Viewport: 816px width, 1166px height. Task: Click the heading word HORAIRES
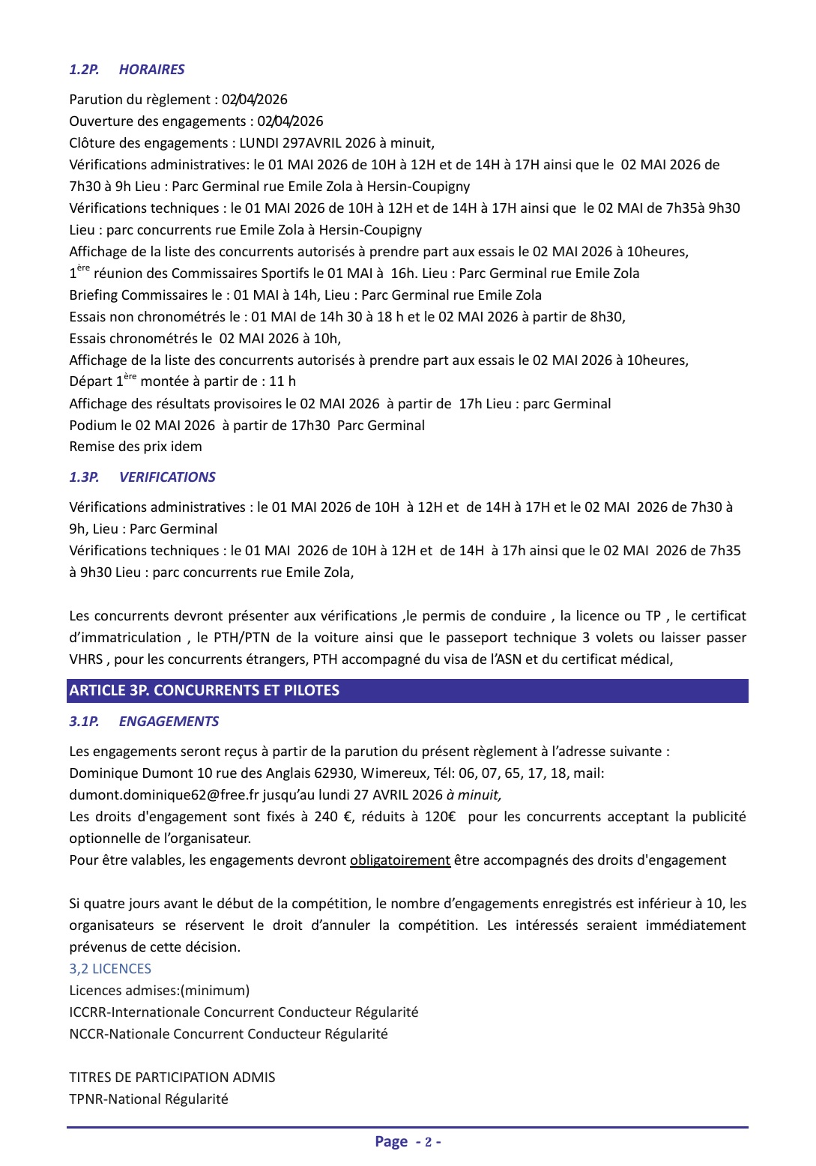151,70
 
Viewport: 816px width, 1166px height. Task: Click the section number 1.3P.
84,477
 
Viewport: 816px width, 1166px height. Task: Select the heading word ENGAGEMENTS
169,722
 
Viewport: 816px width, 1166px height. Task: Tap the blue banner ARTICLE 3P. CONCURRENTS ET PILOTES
407,690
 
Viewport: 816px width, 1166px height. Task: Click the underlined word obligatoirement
400,860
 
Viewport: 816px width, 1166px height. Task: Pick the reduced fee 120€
440,817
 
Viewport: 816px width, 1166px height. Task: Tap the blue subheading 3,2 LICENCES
110,969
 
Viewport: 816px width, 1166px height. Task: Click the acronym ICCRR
88,1012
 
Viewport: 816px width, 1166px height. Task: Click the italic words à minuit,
474,795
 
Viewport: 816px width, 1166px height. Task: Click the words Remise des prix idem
136,447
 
